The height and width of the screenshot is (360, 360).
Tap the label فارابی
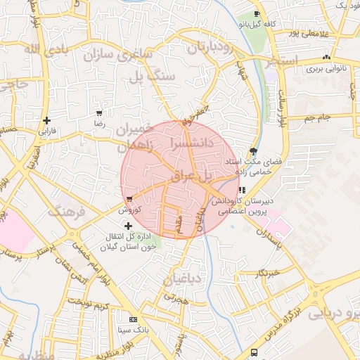46,131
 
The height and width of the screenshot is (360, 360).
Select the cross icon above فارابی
46,120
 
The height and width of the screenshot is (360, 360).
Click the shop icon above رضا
99,112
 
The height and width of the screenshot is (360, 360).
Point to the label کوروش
131,210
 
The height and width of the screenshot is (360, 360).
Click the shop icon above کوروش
129,199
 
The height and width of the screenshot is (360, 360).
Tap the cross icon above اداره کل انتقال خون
128,226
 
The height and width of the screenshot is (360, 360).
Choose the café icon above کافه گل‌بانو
257,14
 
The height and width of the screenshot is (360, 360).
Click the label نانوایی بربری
323,70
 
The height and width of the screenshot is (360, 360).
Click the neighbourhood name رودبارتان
210,48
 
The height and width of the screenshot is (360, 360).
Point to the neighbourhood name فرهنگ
67,212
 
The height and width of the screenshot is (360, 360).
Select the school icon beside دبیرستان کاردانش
241,190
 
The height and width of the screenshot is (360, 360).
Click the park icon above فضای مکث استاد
253,151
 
